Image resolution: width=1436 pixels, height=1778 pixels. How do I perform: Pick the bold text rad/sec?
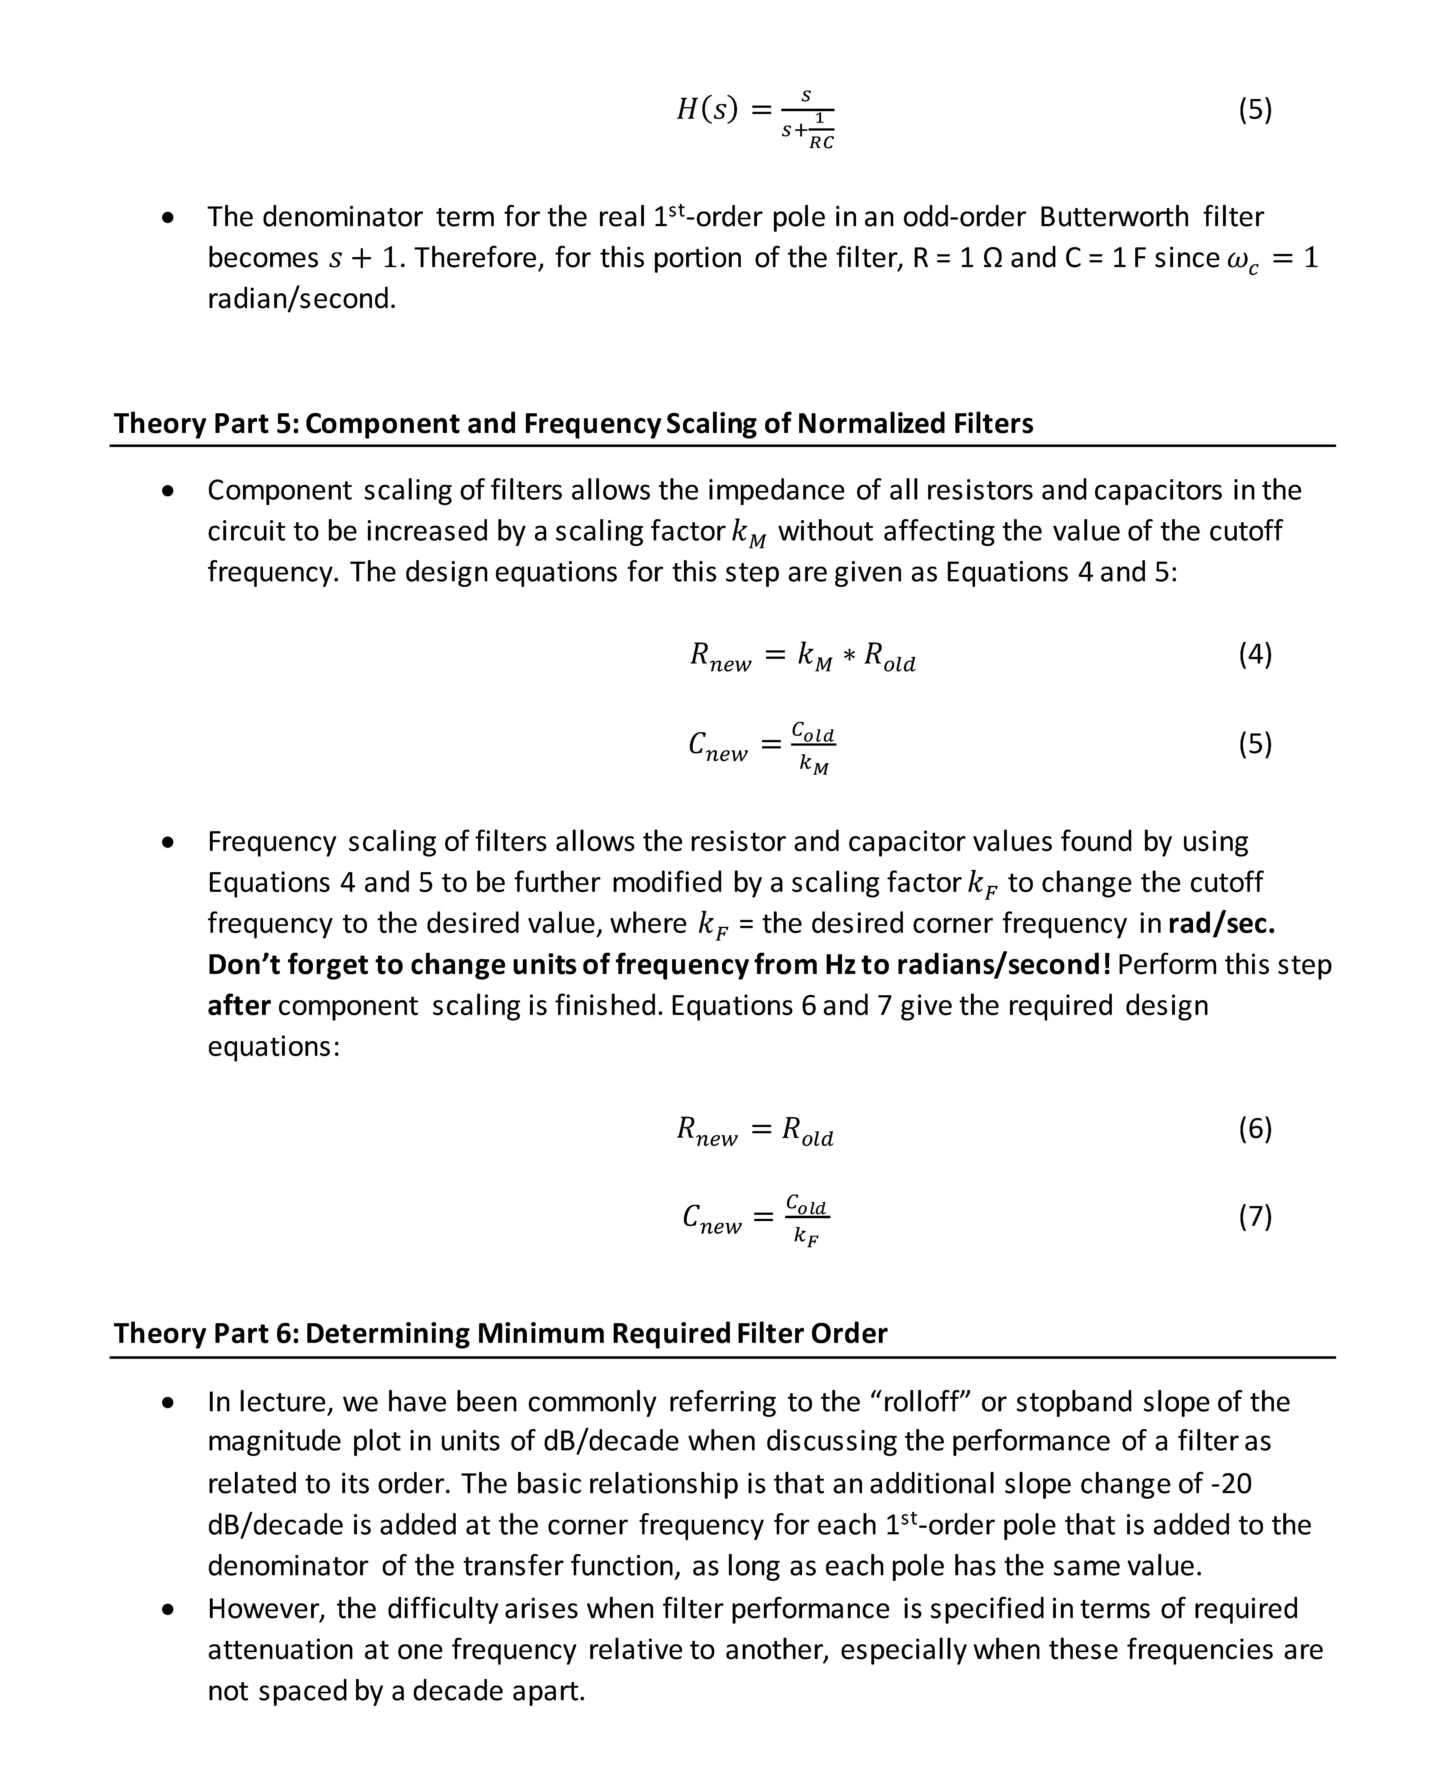click(x=1220, y=923)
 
